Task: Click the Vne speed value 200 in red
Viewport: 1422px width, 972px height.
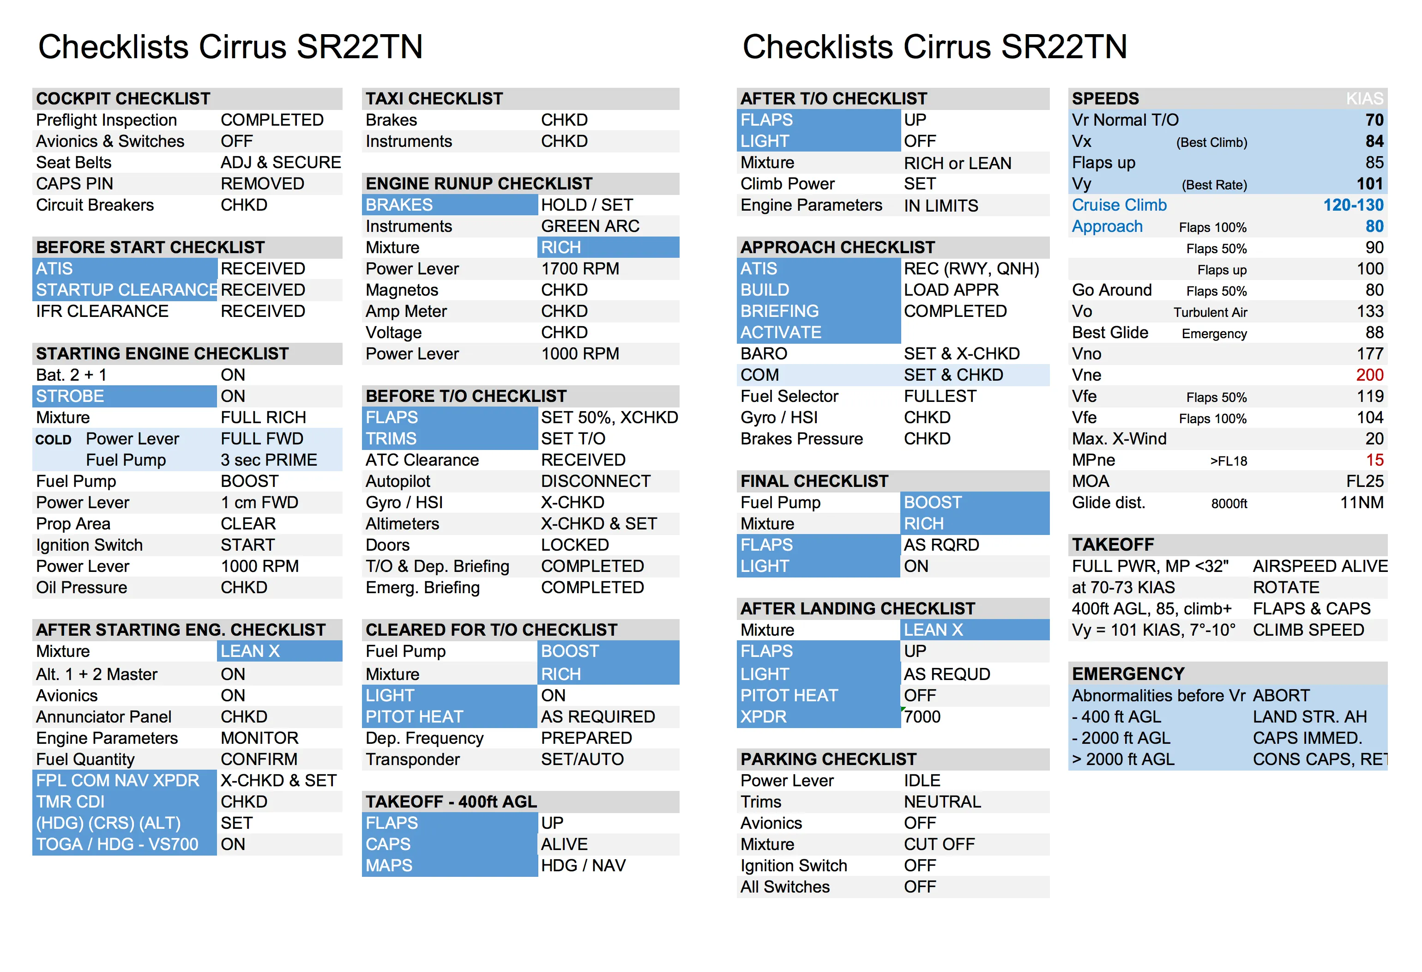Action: [1369, 375]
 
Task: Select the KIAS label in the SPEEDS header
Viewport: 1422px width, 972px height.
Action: [1364, 98]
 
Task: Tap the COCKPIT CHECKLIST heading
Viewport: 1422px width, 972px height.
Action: [123, 98]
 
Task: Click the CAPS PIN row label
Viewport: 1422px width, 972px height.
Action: [75, 183]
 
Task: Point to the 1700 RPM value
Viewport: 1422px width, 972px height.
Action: [579, 269]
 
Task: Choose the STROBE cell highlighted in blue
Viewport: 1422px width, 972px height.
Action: [70, 396]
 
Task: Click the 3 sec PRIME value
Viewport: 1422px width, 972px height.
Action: [269, 460]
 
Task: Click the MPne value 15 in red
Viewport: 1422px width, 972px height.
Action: [1374, 460]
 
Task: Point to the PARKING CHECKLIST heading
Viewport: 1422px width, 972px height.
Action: [828, 759]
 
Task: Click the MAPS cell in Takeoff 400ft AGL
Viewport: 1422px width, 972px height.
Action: [389, 865]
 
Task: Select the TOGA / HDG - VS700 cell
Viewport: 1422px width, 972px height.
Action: [117, 844]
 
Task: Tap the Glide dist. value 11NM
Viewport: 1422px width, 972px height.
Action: [1362, 503]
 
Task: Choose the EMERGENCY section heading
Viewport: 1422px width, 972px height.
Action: [1128, 674]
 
